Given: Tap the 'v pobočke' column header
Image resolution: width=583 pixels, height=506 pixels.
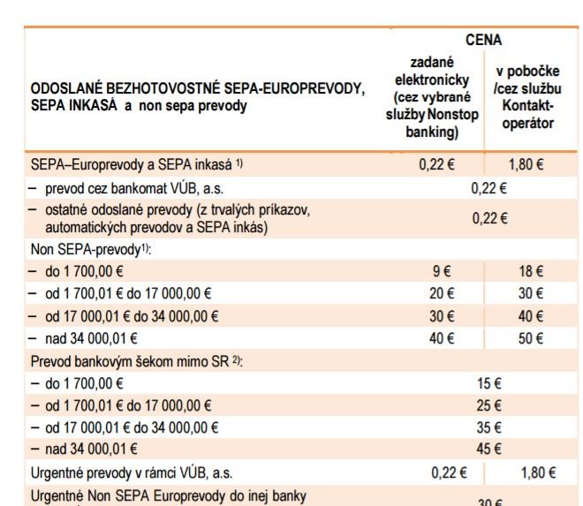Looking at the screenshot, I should (528, 97).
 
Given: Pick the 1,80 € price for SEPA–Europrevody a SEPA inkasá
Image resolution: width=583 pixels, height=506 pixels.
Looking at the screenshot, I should (528, 164).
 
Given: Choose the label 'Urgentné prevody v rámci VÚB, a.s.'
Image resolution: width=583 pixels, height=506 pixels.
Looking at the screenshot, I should (132, 472).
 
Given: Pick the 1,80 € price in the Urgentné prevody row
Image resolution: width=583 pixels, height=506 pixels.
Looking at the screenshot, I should (538, 472).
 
